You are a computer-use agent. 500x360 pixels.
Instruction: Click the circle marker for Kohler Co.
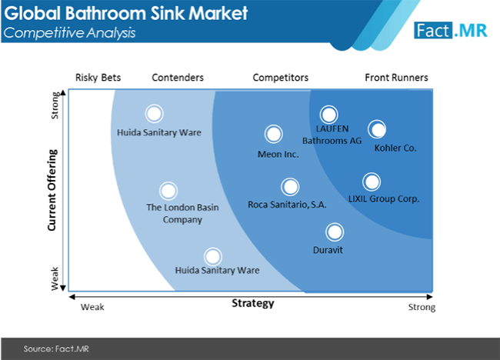click(x=377, y=129)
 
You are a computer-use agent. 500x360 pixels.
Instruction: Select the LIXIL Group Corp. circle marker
click(x=372, y=182)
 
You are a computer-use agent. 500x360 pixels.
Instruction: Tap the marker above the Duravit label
click(x=335, y=232)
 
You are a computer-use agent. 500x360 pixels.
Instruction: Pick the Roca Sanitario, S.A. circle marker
click(x=290, y=187)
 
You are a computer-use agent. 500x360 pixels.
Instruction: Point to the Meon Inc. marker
click(x=274, y=134)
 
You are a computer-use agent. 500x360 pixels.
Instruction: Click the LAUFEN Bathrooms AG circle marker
click(x=328, y=115)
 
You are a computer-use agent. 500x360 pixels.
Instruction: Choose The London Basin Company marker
click(x=168, y=191)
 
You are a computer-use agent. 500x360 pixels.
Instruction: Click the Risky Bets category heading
click(x=98, y=78)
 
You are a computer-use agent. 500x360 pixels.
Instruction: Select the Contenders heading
click(x=178, y=78)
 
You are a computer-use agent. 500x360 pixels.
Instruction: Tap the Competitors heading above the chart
click(x=281, y=78)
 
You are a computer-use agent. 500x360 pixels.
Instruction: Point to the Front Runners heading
click(x=396, y=78)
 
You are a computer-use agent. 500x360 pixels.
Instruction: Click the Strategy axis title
click(x=253, y=303)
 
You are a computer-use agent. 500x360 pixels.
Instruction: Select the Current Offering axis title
click(x=52, y=190)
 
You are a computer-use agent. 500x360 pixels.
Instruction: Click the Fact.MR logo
click(x=451, y=31)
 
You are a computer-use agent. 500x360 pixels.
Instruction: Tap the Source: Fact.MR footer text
click(x=56, y=348)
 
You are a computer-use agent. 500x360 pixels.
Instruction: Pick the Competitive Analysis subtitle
click(x=69, y=32)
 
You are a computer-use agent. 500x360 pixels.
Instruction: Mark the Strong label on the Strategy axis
click(x=422, y=308)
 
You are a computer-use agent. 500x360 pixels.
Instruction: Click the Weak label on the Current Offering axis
click(x=55, y=278)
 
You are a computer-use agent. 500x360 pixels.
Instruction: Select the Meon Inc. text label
click(x=278, y=155)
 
